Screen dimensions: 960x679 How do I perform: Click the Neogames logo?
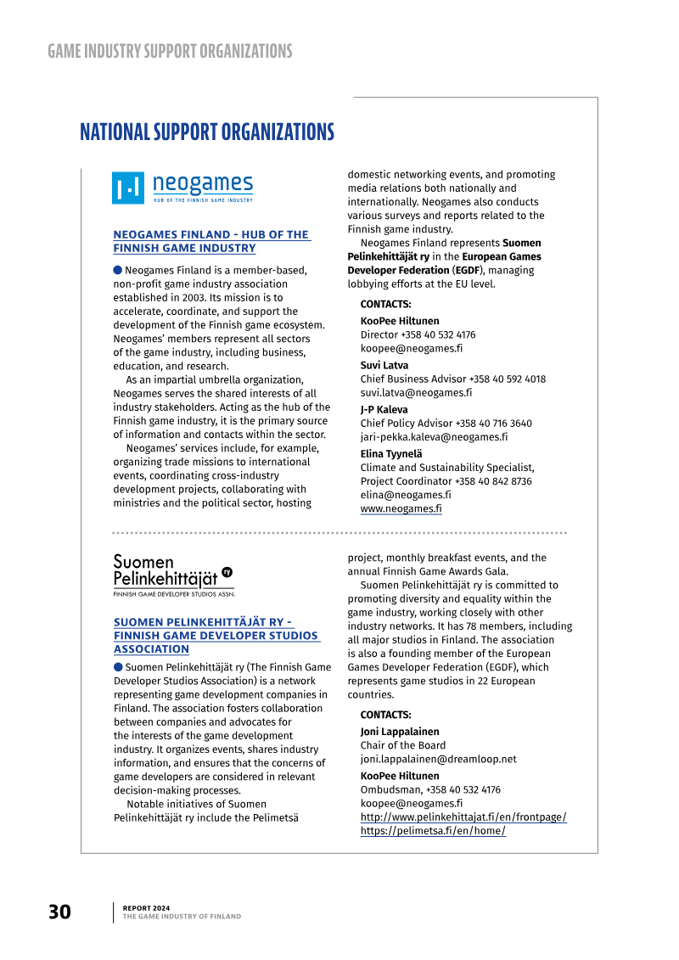coord(182,188)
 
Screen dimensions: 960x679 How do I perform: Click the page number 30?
coord(59,912)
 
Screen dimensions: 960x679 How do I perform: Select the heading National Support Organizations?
coord(207,132)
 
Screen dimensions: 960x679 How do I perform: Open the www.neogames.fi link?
coord(401,508)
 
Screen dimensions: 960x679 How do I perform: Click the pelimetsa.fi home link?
coord(433,831)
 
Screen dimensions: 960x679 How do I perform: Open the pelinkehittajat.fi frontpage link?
coord(463,817)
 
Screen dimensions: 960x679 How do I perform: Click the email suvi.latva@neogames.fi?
coord(416,393)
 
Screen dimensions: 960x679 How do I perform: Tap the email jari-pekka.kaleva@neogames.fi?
coord(434,437)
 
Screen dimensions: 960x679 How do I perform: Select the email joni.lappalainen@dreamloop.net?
coord(438,760)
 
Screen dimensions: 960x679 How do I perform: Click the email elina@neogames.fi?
coord(406,495)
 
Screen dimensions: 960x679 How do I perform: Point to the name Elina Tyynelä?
coord(391,454)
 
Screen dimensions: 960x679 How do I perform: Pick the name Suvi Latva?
coord(384,366)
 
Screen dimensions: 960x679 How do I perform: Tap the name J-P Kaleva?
coord(384,410)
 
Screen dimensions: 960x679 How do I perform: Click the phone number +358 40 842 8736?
coord(493,481)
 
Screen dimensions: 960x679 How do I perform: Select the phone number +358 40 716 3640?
coord(494,424)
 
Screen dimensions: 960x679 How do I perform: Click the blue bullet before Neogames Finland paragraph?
coord(118,270)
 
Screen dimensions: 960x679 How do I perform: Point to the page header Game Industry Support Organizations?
coord(170,51)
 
